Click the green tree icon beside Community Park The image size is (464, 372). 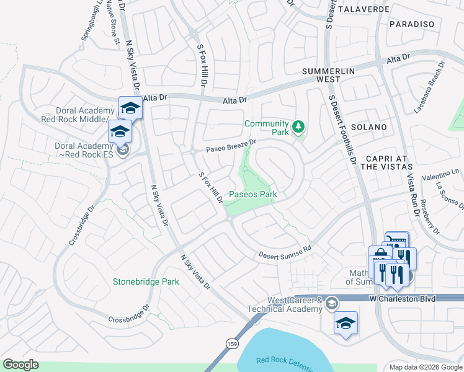click(299, 127)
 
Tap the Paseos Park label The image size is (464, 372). click(252, 194)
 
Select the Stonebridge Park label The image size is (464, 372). click(146, 281)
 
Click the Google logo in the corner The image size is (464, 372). click(20, 365)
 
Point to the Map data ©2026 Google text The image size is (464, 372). click(426, 367)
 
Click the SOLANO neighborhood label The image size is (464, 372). click(368, 127)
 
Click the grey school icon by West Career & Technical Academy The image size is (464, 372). click(332, 303)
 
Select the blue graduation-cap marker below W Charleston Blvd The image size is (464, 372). click(346, 322)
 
